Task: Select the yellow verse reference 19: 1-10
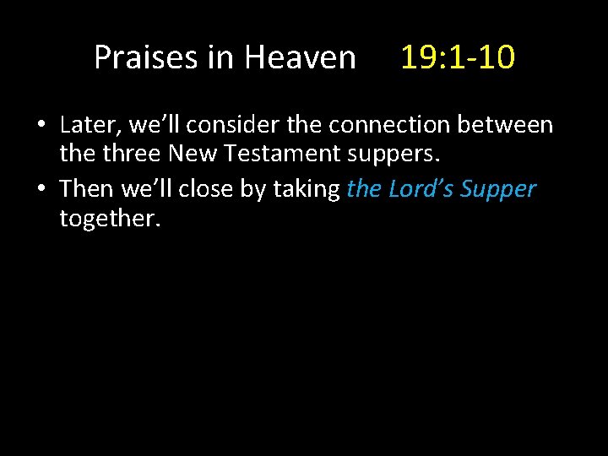457,57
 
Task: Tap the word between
513,125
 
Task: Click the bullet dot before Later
41,127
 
